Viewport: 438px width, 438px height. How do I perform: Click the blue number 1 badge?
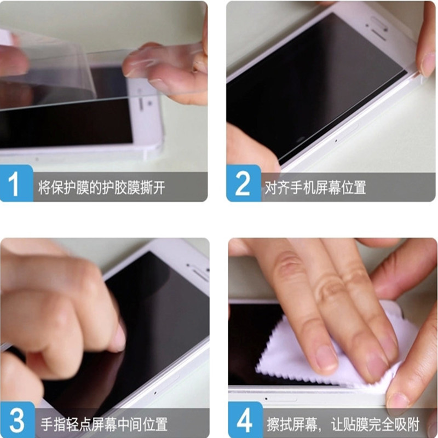pos(16,183)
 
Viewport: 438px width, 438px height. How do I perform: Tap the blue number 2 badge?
pos(243,183)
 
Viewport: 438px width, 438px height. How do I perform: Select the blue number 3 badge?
pos(18,419)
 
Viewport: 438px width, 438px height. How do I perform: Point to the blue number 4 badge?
pos(245,419)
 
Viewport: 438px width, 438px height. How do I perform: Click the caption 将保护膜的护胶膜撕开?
pos(102,187)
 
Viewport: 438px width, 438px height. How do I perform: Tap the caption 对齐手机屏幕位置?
pos(315,187)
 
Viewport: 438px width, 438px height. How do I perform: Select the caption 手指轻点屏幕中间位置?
pos(104,424)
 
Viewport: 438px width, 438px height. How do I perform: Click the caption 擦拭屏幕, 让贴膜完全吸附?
pos(343,424)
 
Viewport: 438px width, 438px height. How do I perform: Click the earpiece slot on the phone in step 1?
pos(141,105)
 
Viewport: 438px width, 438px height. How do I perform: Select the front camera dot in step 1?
pos(149,103)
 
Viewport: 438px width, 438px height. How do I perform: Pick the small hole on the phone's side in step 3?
pos(155,393)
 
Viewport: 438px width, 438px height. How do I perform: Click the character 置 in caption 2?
pos(360,187)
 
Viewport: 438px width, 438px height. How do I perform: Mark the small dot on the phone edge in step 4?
pos(266,399)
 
